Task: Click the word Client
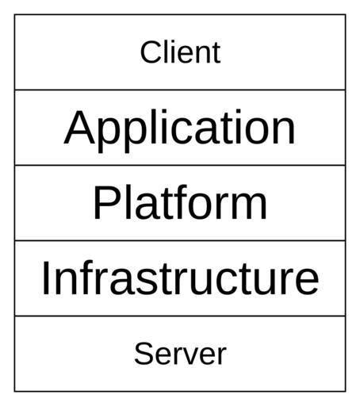point(180,52)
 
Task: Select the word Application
point(179,130)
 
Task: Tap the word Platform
point(180,202)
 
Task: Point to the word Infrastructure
point(180,278)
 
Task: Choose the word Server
point(180,354)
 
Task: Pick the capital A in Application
point(79,127)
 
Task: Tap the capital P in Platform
point(106,203)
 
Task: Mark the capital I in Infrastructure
point(45,278)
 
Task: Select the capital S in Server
point(144,354)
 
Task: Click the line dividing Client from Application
point(180,90)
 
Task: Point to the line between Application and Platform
point(180,165)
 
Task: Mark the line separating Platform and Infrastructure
point(180,240)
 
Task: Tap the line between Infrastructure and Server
point(180,316)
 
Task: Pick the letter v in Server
point(192,357)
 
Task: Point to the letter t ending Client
point(217,54)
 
